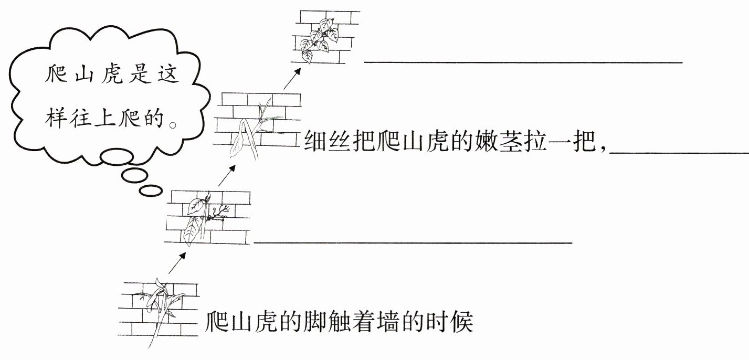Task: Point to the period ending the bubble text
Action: [x=173, y=125]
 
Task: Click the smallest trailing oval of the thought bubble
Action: [x=151, y=190]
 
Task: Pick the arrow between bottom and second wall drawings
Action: [x=177, y=263]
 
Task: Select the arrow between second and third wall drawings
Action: [x=227, y=175]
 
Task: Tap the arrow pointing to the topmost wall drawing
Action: [x=292, y=78]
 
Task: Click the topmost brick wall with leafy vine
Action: [x=325, y=37]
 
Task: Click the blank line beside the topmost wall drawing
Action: [x=523, y=62]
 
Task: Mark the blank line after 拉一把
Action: [x=679, y=153]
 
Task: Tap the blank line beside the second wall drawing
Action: [x=413, y=242]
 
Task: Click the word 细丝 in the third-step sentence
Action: [x=326, y=142]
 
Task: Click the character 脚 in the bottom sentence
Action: [x=313, y=322]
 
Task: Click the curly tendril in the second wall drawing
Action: [x=218, y=214]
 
